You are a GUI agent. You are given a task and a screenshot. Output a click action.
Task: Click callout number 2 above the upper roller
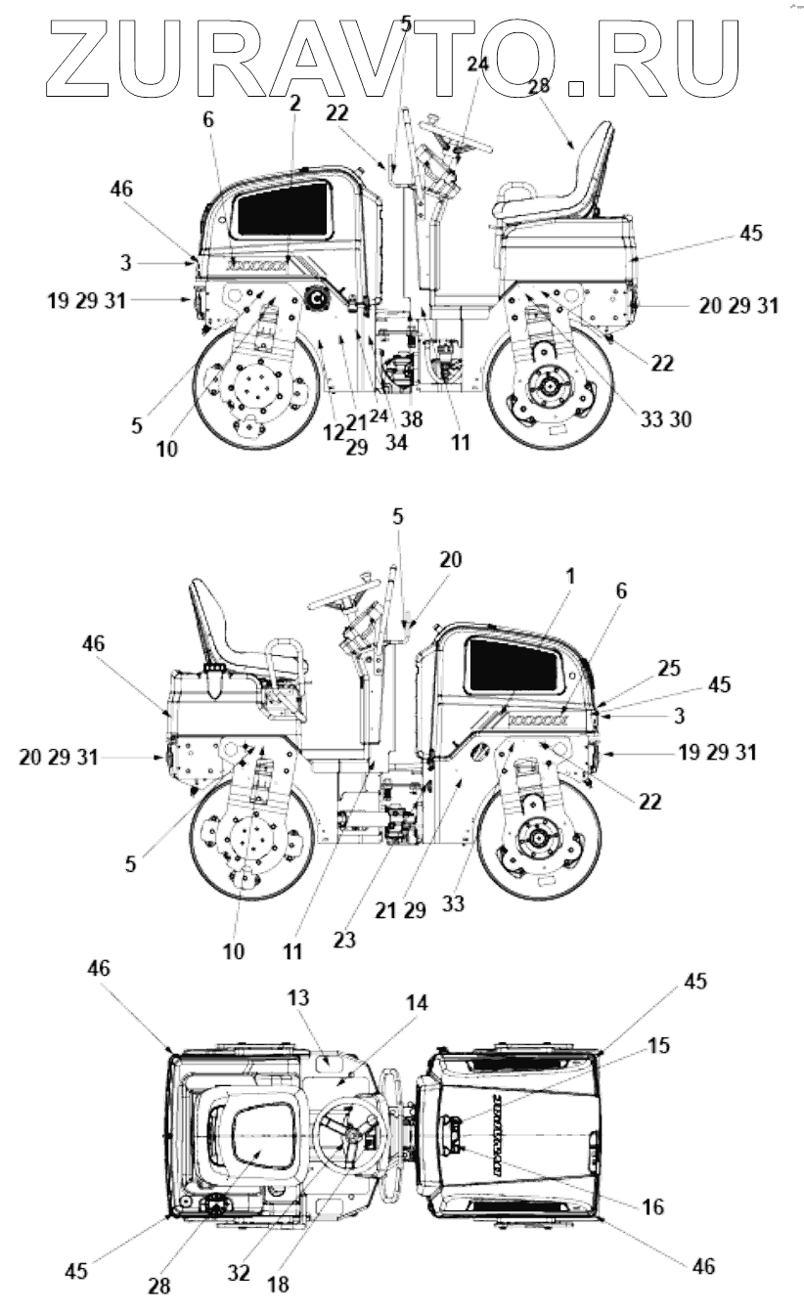pos(295,102)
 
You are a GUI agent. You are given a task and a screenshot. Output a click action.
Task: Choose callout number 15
pos(659,1045)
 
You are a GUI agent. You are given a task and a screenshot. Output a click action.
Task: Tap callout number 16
pos(653,1207)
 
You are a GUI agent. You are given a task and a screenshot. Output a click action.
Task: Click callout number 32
pos(239,1273)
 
